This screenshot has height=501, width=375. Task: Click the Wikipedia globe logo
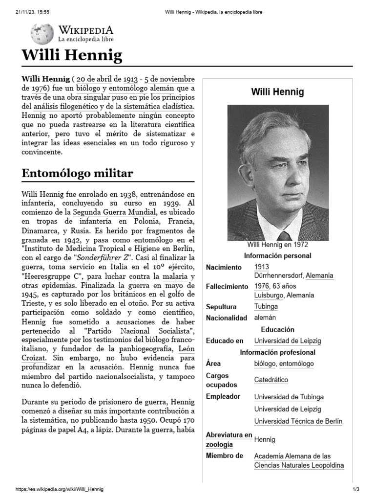point(42,34)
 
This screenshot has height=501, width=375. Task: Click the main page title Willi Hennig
point(72,55)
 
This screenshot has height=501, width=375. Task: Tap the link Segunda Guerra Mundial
point(114,212)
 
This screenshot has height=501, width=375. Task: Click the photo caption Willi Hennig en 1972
point(278,245)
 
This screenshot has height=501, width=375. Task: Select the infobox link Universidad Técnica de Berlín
point(298,421)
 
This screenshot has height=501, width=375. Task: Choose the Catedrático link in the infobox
point(271,380)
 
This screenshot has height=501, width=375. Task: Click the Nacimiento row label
point(224,267)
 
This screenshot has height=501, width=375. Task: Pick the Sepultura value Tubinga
point(266,306)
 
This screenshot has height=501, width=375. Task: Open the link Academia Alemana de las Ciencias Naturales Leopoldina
point(298,460)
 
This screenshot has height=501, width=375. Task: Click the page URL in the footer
point(60,489)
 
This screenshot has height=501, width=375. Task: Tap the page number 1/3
point(355,489)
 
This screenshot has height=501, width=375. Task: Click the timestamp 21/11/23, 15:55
point(30,12)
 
